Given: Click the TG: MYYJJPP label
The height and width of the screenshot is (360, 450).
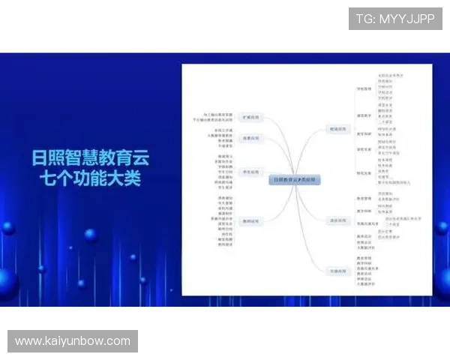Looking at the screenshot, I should click(x=395, y=19).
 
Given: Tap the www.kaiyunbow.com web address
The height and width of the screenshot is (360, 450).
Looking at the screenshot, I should click(x=72, y=341).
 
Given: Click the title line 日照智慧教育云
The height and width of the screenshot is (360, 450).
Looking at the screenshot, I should click(x=90, y=159).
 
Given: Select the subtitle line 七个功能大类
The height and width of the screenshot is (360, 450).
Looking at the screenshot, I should click(x=90, y=180).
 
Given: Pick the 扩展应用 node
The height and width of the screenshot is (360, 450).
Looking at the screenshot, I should click(x=250, y=118).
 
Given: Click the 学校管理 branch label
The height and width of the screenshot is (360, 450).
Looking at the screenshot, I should click(x=364, y=88).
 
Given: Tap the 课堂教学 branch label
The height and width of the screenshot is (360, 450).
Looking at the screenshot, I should click(x=364, y=115).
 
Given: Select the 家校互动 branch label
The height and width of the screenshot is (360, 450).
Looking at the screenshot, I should click(x=364, y=148).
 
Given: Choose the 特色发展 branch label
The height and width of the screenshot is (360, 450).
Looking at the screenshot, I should click(x=364, y=172).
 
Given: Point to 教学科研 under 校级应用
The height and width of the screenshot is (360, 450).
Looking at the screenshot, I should click(x=364, y=133).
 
